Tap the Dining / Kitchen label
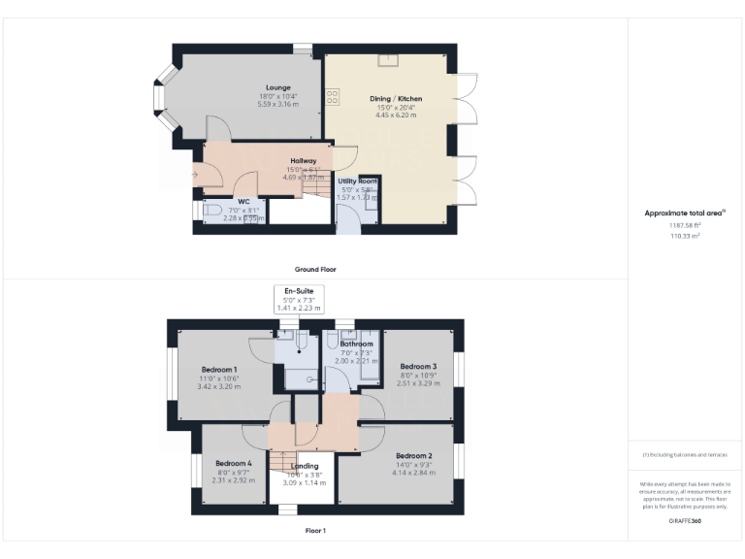(x=395, y=98)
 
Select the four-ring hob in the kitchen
(x=333, y=96)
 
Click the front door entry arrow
(x=197, y=175)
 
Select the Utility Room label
(x=356, y=181)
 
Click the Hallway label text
(x=304, y=161)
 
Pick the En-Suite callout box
(x=298, y=298)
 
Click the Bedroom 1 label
(x=219, y=370)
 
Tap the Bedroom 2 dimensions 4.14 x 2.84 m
(x=413, y=473)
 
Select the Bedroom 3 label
(x=419, y=366)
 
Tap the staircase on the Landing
(x=281, y=462)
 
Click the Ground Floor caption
(x=314, y=269)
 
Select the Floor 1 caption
(x=314, y=531)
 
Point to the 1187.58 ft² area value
(x=685, y=225)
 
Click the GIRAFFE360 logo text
(x=685, y=522)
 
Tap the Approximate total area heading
(x=685, y=213)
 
